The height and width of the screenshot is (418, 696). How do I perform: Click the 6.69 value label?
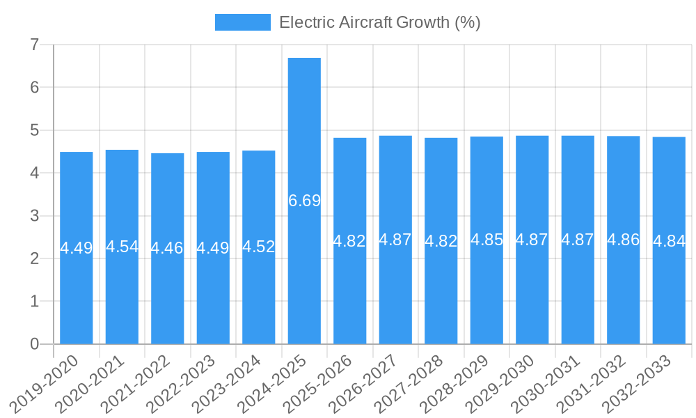[x=304, y=201]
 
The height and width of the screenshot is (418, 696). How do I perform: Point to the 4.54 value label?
[x=122, y=247]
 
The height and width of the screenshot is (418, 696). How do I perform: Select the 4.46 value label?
[x=168, y=248]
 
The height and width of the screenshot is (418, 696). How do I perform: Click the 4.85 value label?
[x=487, y=240]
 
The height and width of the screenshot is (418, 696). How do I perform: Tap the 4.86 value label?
[x=624, y=240]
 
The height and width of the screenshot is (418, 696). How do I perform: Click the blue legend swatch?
[x=242, y=22]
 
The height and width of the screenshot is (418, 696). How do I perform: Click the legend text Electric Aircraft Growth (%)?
[x=380, y=22]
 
